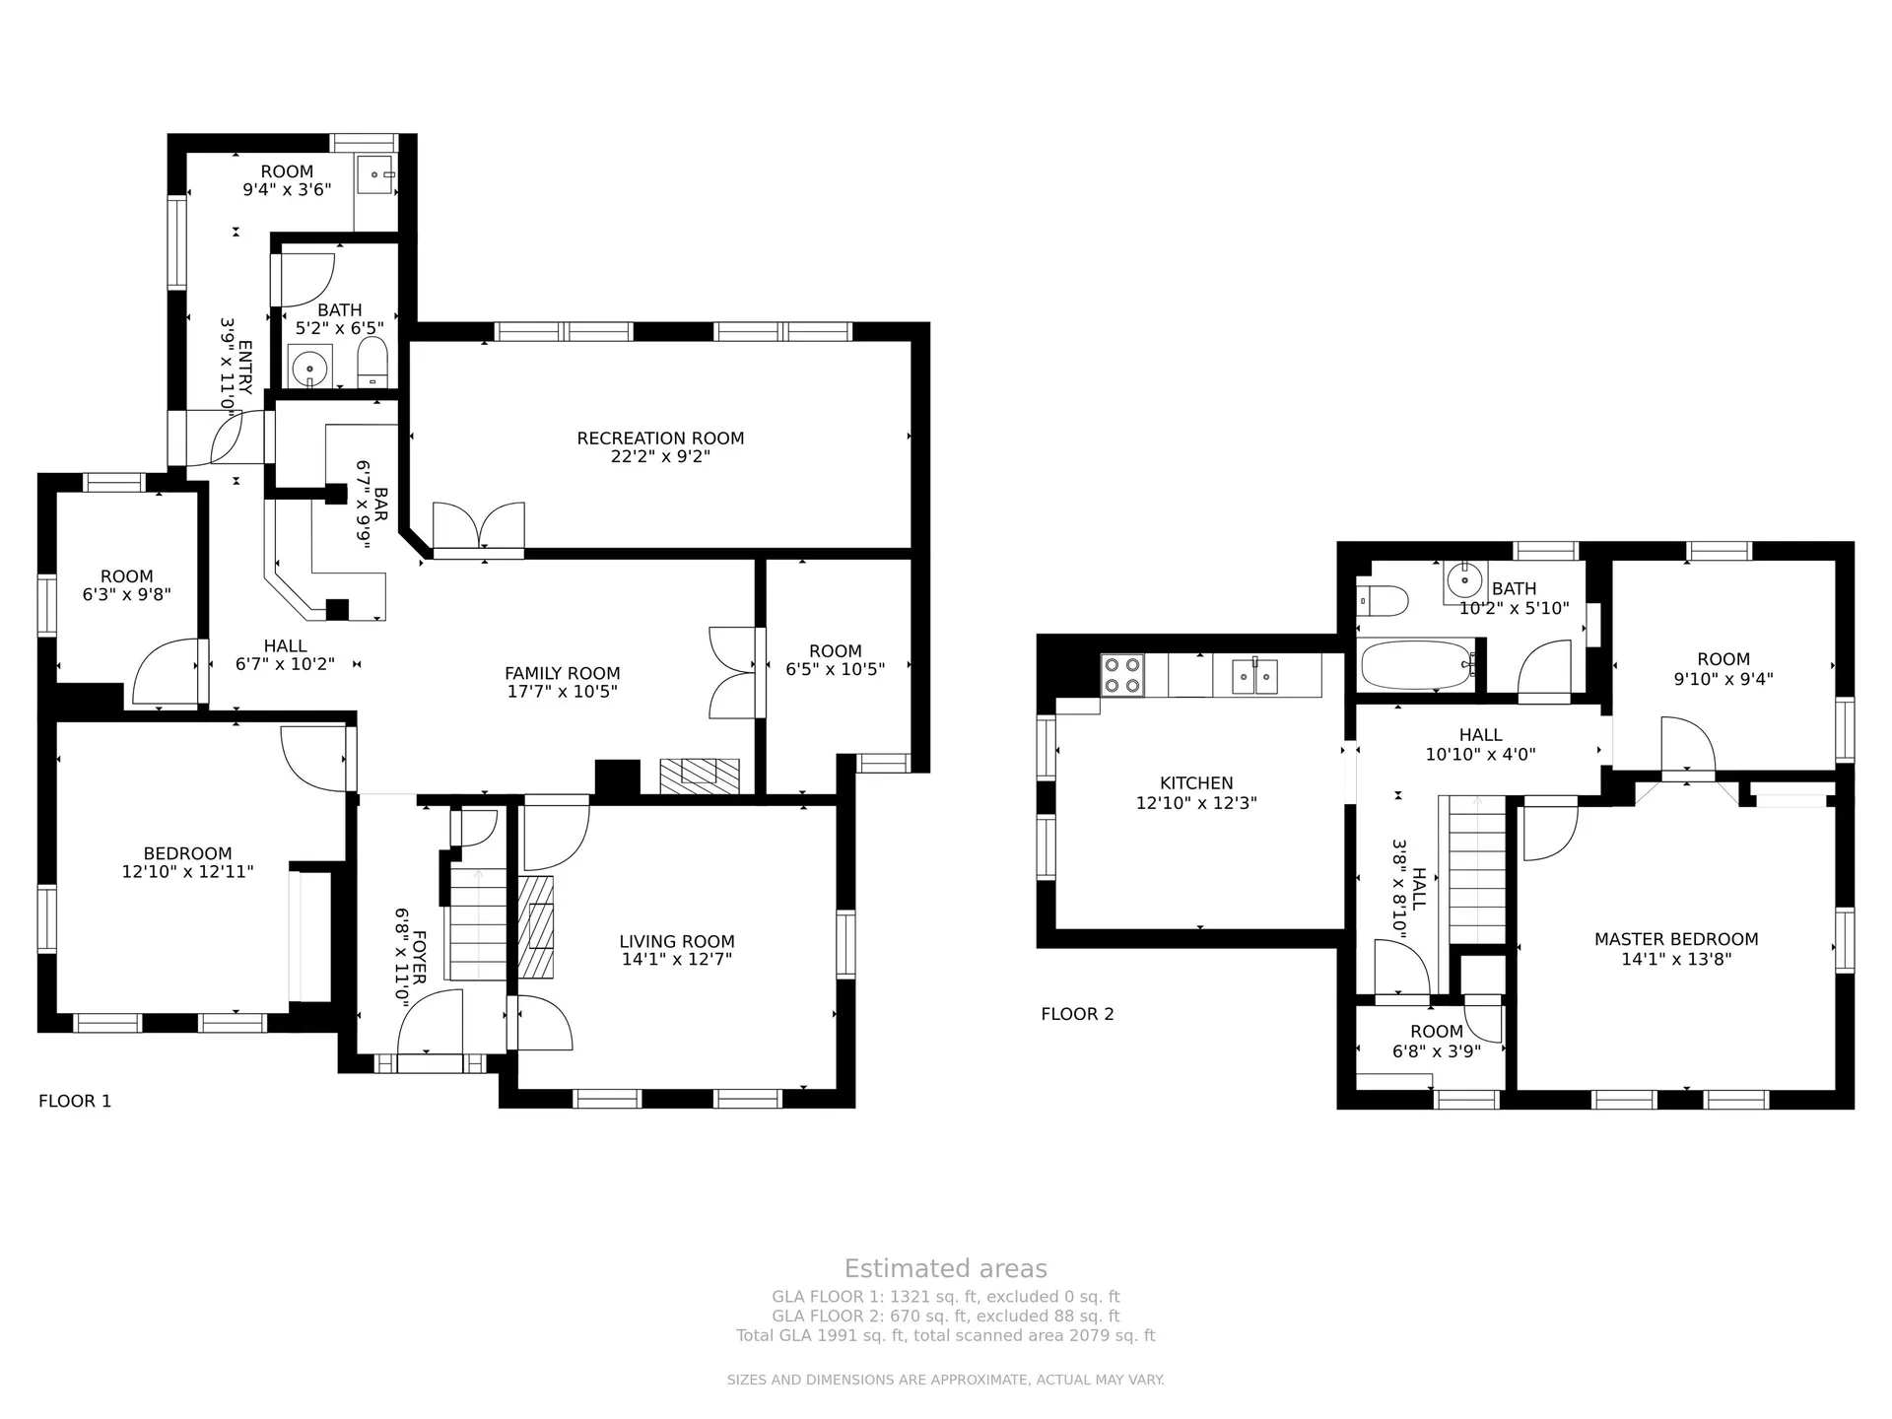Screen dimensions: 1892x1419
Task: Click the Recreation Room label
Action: pyautogui.click(x=660, y=439)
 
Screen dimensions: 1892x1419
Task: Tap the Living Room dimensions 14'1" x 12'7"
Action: pyautogui.click(x=677, y=960)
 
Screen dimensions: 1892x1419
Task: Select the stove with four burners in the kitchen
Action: pyautogui.click(x=1122, y=675)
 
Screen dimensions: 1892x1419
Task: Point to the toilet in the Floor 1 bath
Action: pyautogui.click(x=372, y=364)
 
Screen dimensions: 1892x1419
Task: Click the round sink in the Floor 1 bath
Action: pyautogui.click(x=310, y=368)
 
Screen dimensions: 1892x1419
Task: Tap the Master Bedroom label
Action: pyautogui.click(x=1676, y=940)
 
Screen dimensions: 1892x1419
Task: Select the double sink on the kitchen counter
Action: pyautogui.click(x=1255, y=676)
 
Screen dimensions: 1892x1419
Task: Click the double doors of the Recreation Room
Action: pyautogui.click(x=479, y=529)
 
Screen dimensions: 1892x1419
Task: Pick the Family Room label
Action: pyautogui.click(x=562, y=674)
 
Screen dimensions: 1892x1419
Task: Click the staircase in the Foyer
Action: pyautogui.click(x=478, y=922)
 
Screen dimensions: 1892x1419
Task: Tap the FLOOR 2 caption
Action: pyautogui.click(x=1077, y=1014)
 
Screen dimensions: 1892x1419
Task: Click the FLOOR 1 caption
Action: pyautogui.click(x=75, y=1101)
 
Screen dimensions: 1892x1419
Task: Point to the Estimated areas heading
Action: pyautogui.click(x=946, y=1269)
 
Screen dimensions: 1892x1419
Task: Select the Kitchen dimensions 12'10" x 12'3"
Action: pyautogui.click(x=1196, y=803)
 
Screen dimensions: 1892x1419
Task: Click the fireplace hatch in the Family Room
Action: pyautogui.click(x=700, y=775)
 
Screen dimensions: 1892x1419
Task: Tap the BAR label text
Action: pyautogui.click(x=380, y=504)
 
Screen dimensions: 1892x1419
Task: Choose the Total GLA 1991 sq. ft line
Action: pyautogui.click(x=946, y=1336)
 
